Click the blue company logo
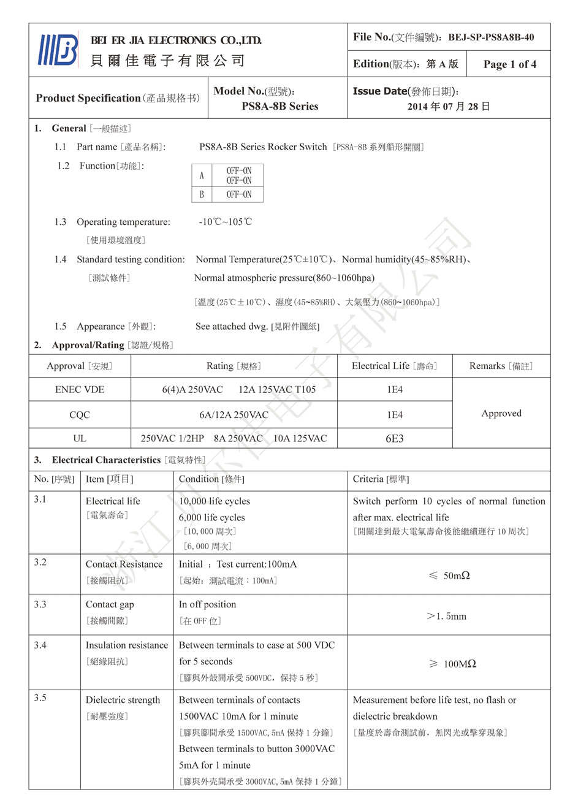[x=59, y=50]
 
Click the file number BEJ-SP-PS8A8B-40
[x=490, y=37]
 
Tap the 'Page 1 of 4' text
[x=509, y=64]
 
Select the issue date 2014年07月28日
[x=449, y=107]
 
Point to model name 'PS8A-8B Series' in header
[x=280, y=107]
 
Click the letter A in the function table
[x=202, y=176]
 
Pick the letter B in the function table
[x=202, y=195]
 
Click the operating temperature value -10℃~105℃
[x=225, y=222]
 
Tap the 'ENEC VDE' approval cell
[x=80, y=390]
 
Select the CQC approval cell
[x=80, y=415]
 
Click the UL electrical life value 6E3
[x=395, y=439]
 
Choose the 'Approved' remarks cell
[x=501, y=414]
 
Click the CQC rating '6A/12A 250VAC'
[x=234, y=415]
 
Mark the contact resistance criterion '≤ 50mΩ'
[x=449, y=576]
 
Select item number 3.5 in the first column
[x=40, y=698]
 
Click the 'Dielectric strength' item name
[x=123, y=700]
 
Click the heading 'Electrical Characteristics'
[x=106, y=460]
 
